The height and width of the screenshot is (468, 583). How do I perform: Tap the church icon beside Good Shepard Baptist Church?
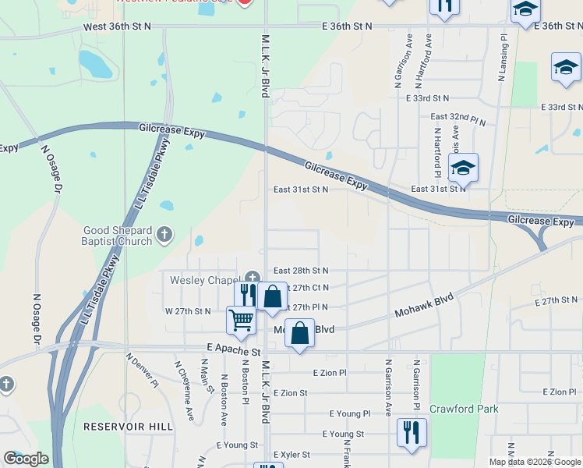coord(164,233)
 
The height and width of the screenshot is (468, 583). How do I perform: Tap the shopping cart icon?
coord(242,319)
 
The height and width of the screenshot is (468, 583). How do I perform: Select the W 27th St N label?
coord(187,311)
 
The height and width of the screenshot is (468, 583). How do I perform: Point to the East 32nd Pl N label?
coord(458,119)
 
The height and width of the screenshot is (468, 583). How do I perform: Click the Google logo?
coord(26,459)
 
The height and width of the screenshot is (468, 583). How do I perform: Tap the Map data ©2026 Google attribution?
coord(535,461)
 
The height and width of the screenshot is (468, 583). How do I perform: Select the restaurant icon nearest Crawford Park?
coord(410,432)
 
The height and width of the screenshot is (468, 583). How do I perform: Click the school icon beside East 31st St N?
coord(463,167)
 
